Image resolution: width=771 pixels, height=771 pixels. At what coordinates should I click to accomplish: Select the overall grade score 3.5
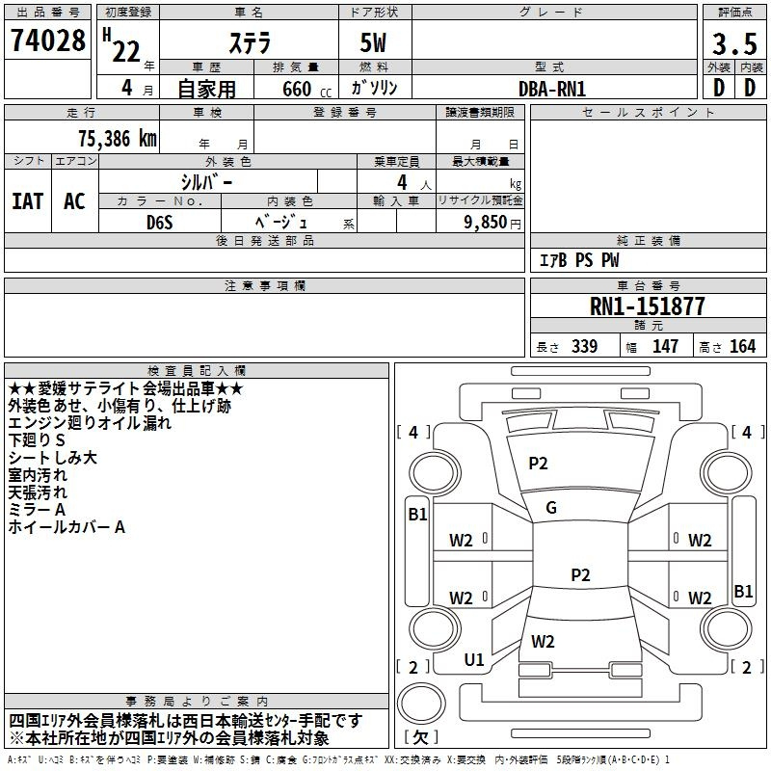tap(732, 44)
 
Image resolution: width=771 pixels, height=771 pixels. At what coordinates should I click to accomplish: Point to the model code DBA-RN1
tap(552, 89)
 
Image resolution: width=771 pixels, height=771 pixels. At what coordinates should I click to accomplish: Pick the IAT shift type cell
tap(27, 200)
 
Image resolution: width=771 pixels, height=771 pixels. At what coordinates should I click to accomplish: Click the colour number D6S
tap(160, 222)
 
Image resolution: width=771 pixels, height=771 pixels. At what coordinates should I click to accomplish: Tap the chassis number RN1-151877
tap(647, 306)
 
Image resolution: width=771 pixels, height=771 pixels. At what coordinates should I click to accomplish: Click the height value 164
tap(742, 347)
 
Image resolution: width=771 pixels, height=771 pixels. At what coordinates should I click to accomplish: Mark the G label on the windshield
tap(551, 508)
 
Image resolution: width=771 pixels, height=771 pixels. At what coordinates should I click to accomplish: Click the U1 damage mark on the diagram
tap(474, 659)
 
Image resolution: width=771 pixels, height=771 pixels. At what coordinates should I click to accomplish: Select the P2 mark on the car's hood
tap(538, 464)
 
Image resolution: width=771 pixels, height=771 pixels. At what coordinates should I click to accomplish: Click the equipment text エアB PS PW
tap(579, 260)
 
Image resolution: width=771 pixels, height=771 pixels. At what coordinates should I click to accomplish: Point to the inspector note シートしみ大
tap(53, 459)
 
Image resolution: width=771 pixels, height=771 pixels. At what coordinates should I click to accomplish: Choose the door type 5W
tap(376, 44)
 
